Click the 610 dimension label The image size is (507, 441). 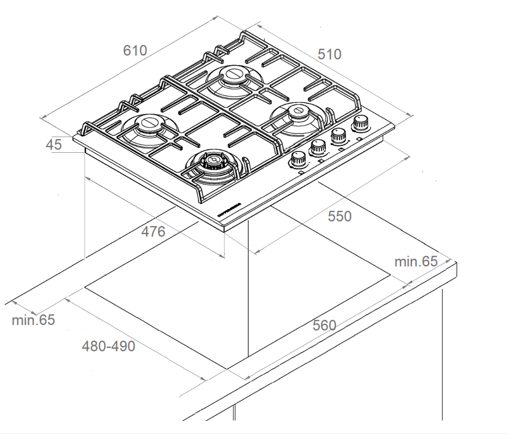[135, 51]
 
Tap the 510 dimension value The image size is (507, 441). [329, 54]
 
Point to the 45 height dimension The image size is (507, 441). [54, 145]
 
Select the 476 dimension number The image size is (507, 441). [153, 232]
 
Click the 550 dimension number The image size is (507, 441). [340, 216]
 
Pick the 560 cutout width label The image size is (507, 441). [324, 325]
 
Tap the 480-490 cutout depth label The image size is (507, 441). [108, 346]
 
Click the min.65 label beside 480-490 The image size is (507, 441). [33, 320]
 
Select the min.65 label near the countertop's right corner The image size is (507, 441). [416, 261]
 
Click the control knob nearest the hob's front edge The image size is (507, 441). [298, 160]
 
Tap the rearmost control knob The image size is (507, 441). [359, 124]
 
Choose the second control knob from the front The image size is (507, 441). [318, 148]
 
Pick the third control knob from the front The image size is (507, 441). [338, 136]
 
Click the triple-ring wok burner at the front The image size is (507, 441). [213, 161]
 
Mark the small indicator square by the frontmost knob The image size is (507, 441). [302, 173]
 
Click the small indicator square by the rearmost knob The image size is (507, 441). [360, 139]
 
